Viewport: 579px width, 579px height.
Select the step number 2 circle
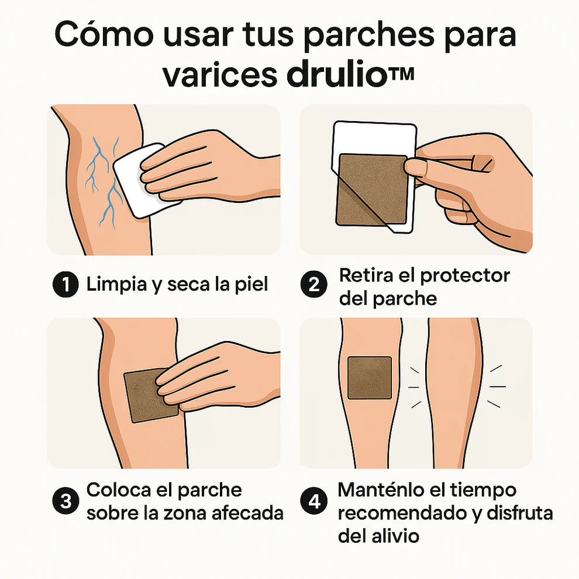point(314,285)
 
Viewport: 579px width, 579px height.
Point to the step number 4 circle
point(314,501)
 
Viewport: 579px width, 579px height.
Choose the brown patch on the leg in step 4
point(369,377)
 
